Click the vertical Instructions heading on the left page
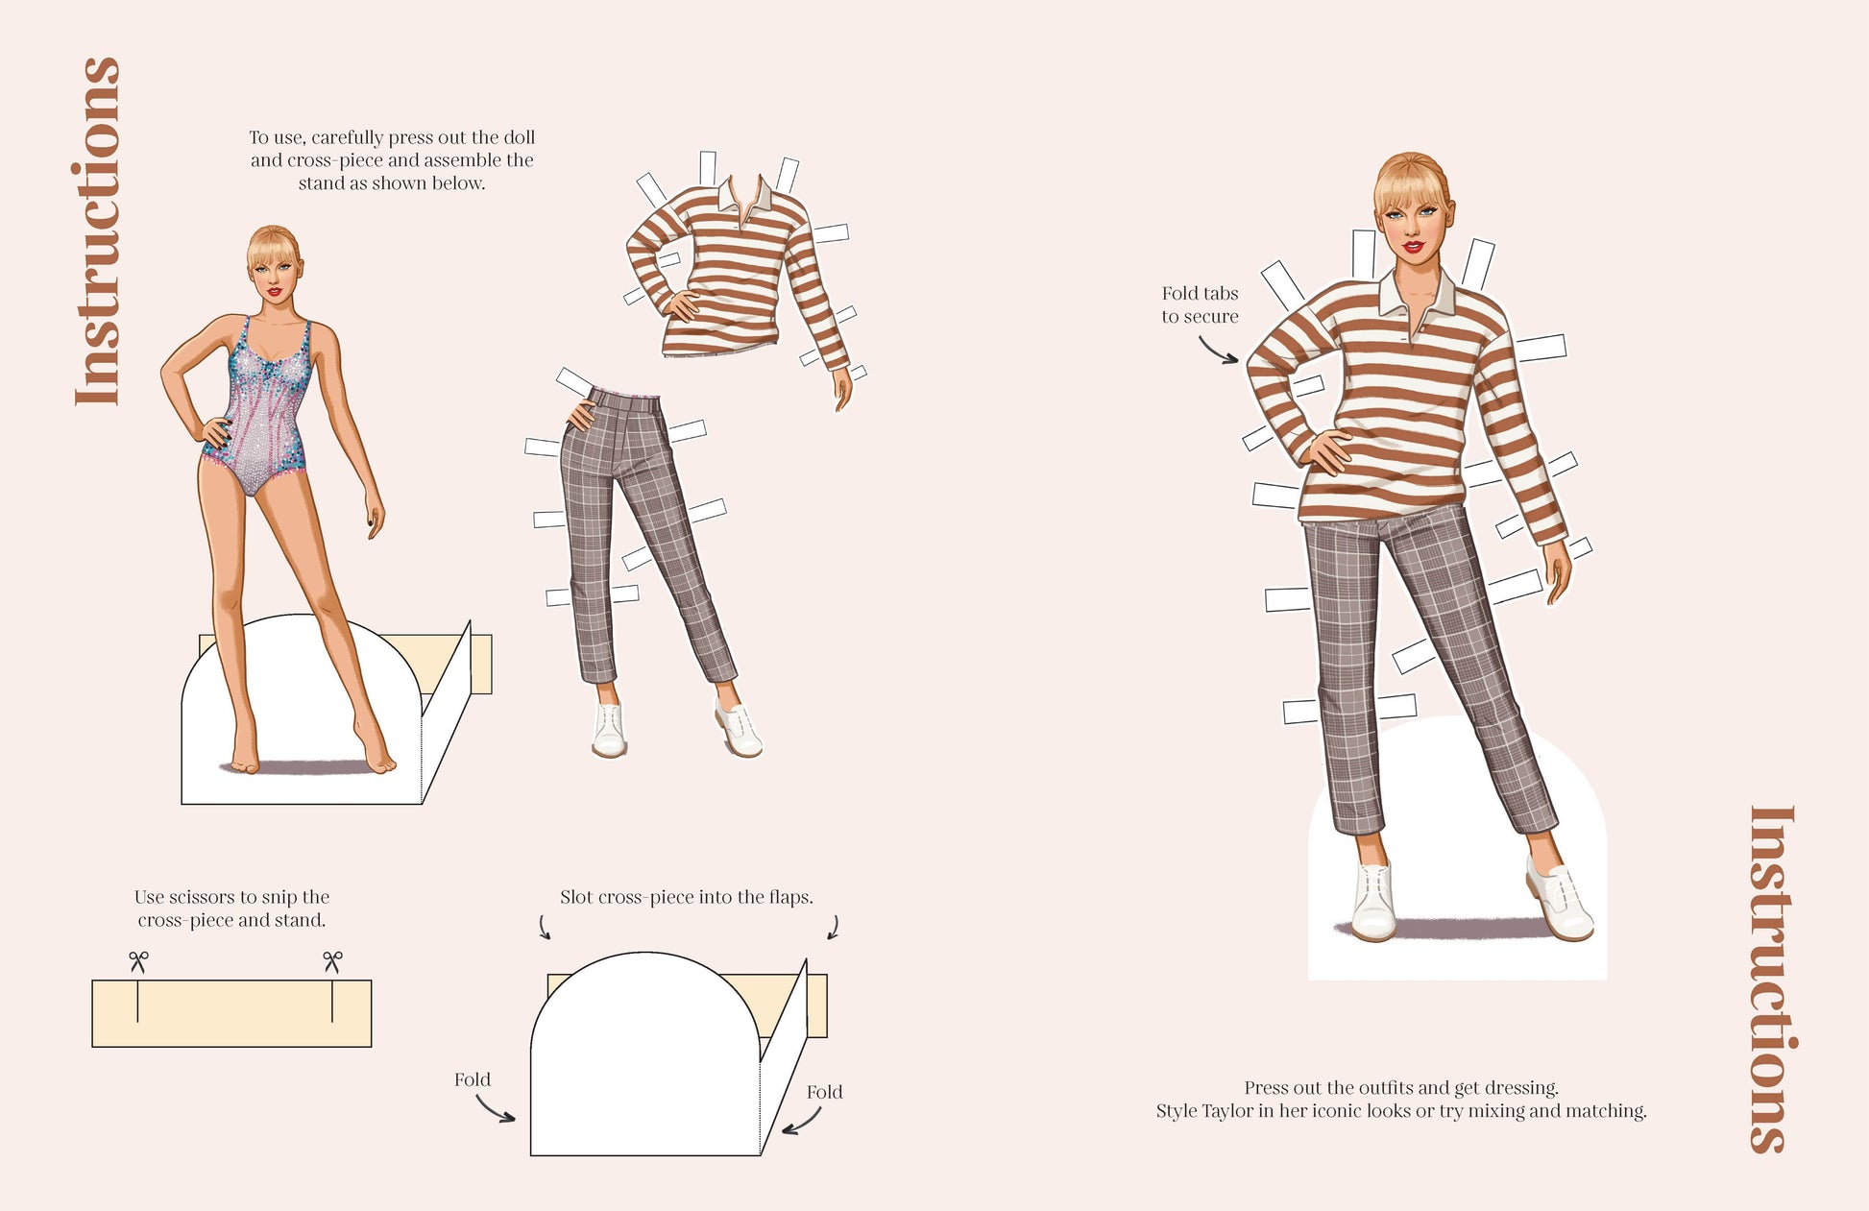coord(98,231)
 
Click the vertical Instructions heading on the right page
coord(1771,979)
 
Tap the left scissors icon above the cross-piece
coord(138,961)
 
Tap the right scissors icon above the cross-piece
coord(332,961)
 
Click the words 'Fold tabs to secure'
coord(1200,304)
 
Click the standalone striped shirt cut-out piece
coord(740,279)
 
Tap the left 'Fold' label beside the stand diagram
coord(473,1079)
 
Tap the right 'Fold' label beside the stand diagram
coord(825,1092)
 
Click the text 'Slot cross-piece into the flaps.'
coord(687,897)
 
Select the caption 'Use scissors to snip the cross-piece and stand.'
coord(231,908)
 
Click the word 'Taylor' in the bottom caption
coord(1230,1111)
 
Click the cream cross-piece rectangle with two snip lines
coord(231,1013)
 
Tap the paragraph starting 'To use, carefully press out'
coord(392,160)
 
